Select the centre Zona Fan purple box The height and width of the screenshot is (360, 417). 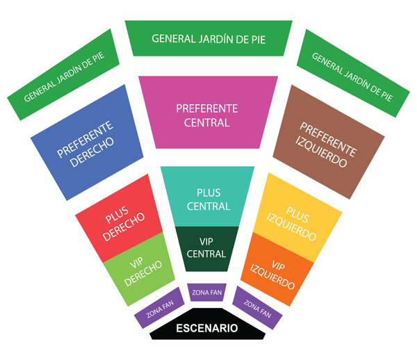[x=206, y=293]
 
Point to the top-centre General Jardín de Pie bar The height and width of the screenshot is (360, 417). [x=208, y=38]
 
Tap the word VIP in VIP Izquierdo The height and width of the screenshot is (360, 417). [x=279, y=265]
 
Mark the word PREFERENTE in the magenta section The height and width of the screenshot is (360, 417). [x=207, y=109]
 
